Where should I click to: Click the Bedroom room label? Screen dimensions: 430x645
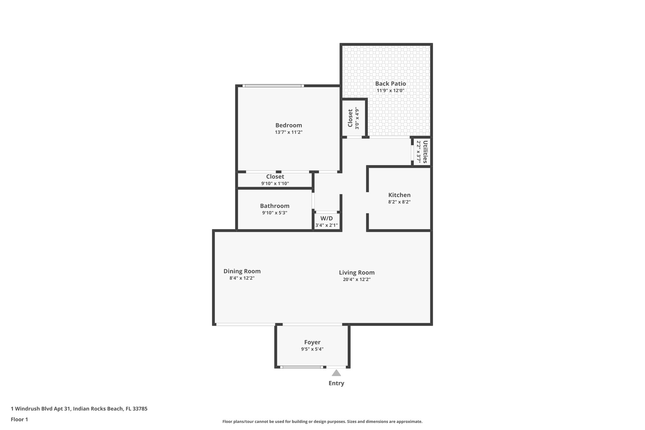tap(288, 125)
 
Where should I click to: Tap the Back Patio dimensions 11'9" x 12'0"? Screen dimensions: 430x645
tap(390, 91)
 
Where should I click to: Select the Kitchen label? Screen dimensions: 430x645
tap(399, 195)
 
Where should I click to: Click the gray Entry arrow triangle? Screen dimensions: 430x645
tap(336, 373)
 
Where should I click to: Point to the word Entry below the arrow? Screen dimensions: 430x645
tap(336, 383)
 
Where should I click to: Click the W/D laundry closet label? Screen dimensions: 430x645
tap(326, 218)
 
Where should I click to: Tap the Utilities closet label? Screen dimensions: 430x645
tap(425, 152)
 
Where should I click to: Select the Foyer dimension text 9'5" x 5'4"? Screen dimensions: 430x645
tap(312, 349)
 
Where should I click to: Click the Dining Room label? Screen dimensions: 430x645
tap(242, 271)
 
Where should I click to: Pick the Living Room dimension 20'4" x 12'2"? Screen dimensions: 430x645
tap(357, 279)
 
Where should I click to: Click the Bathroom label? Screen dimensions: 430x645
tap(275, 206)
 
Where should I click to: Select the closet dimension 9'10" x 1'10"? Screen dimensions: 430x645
tap(275, 183)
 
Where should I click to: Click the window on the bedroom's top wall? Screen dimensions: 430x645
tap(273, 86)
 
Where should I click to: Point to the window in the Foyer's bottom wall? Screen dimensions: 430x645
tap(301, 367)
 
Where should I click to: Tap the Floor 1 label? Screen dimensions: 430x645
tap(19, 420)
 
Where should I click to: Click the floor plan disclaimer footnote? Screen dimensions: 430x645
tap(322, 421)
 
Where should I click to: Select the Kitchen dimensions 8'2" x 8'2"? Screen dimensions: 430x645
tap(399, 202)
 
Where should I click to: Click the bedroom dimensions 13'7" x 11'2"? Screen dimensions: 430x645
tap(288, 132)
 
